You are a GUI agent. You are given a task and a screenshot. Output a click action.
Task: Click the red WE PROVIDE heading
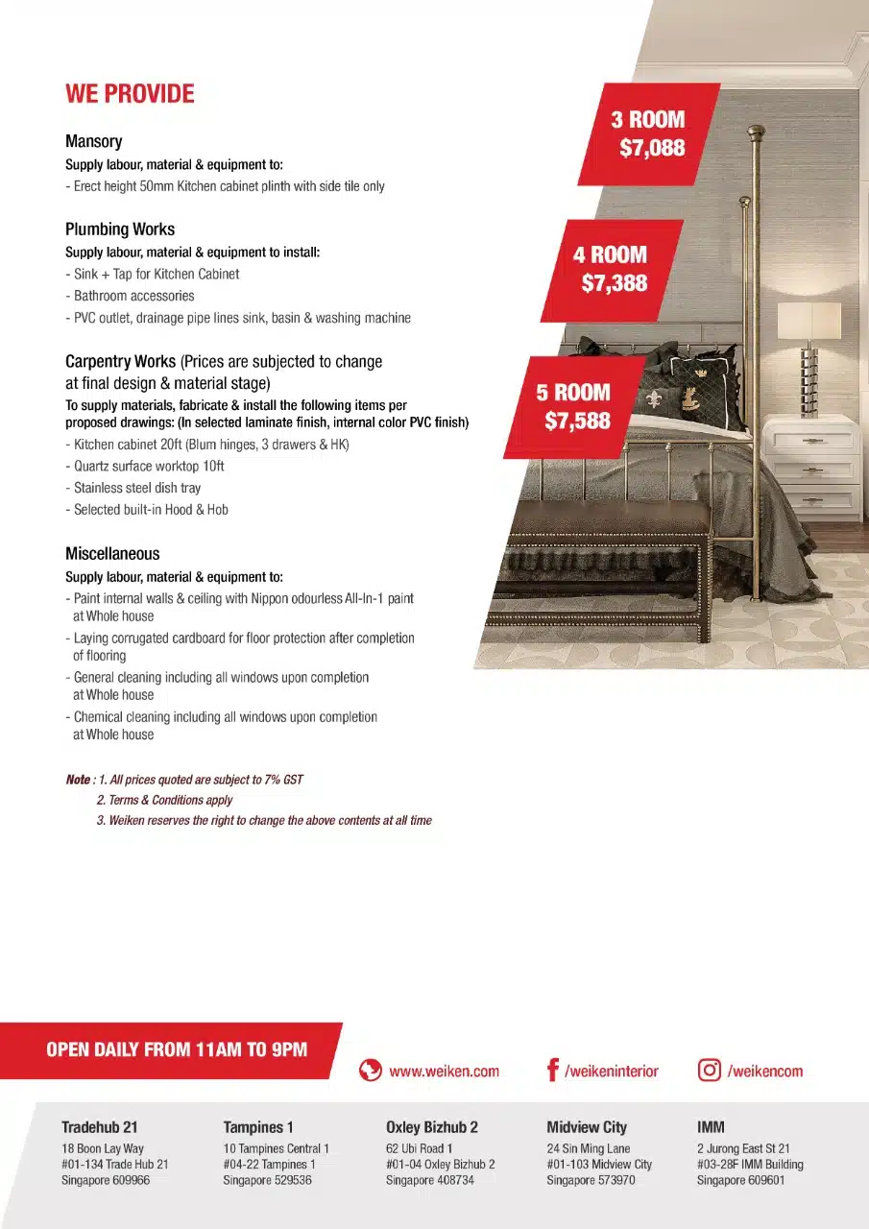pyautogui.click(x=130, y=94)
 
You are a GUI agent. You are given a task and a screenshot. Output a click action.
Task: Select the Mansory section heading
pyautogui.click(x=94, y=141)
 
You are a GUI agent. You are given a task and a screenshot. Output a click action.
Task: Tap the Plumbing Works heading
pyautogui.click(x=120, y=229)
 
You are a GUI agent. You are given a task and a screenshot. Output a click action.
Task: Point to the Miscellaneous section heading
pyautogui.click(x=112, y=554)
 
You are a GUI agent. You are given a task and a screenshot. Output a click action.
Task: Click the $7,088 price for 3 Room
pyautogui.click(x=652, y=149)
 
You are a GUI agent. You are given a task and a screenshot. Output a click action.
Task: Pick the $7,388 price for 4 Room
pyautogui.click(x=615, y=283)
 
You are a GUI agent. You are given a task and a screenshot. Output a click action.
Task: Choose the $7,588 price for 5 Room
pyautogui.click(x=577, y=421)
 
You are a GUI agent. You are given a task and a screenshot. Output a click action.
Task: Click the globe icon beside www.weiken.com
pyautogui.click(x=371, y=1071)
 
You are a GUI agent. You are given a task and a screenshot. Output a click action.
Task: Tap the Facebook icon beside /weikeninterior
pyautogui.click(x=552, y=1071)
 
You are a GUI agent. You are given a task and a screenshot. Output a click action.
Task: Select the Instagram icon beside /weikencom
pyautogui.click(x=710, y=1071)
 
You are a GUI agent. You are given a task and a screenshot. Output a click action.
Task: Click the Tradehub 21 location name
pyautogui.click(x=99, y=1127)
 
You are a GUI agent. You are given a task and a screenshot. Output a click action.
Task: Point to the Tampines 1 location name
pyautogui.click(x=258, y=1127)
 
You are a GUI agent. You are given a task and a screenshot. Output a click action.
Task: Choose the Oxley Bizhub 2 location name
pyautogui.click(x=432, y=1127)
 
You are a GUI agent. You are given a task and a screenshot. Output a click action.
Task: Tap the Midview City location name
pyautogui.click(x=587, y=1127)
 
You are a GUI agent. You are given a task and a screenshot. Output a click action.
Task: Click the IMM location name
pyautogui.click(x=711, y=1127)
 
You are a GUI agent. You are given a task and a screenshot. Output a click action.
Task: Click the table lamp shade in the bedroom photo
pyautogui.click(x=809, y=321)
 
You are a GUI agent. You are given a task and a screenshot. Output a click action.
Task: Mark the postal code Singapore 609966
pyautogui.click(x=106, y=1180)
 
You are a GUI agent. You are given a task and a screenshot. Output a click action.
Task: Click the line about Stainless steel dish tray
pyautogui.click(x=137, y=488)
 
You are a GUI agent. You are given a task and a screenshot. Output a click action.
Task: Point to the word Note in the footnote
pyautogui.click(x=78, y=780)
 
